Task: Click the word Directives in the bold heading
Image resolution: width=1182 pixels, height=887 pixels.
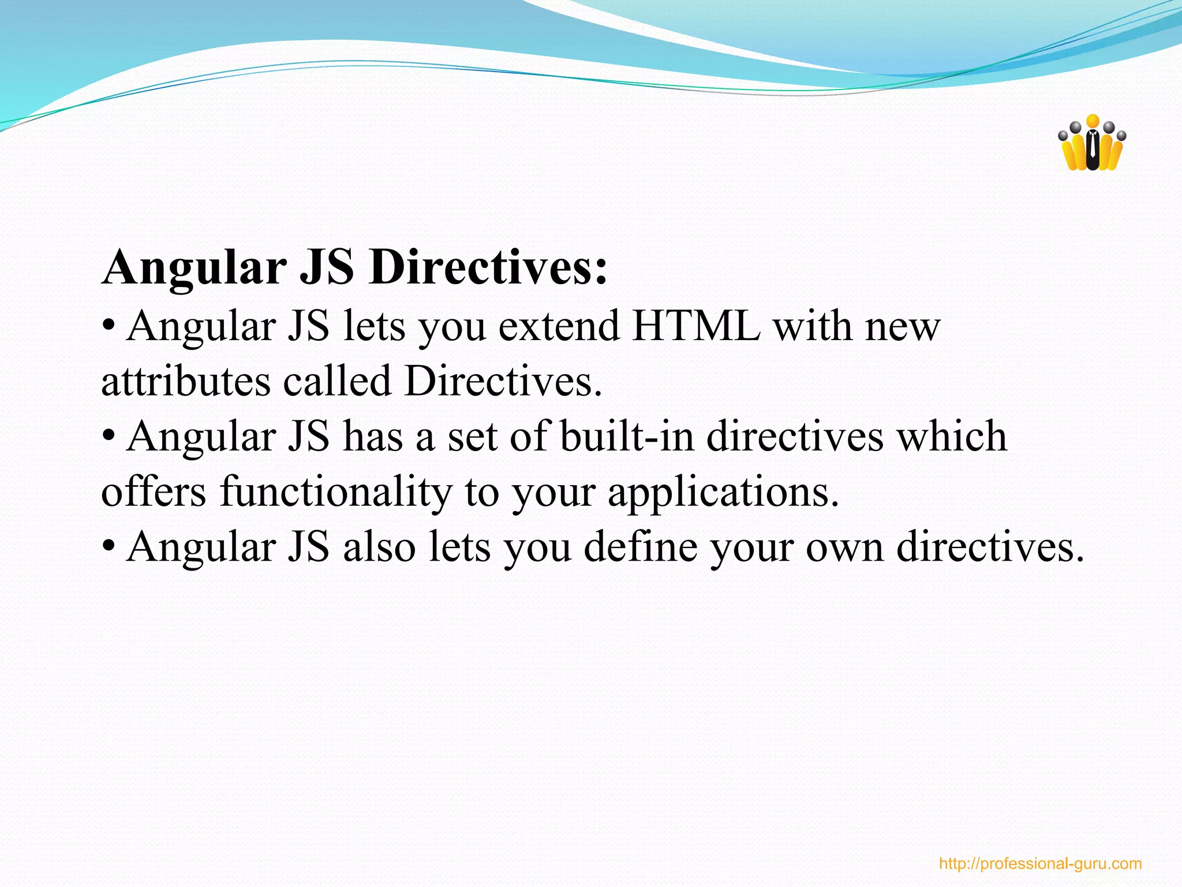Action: [488, 268]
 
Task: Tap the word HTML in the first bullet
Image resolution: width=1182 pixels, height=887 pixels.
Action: [695, 326]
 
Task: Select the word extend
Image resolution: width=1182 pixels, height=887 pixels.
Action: [559, 326]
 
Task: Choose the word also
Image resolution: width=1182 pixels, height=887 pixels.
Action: [379, 546]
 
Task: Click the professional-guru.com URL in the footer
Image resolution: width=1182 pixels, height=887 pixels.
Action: [1040, 864]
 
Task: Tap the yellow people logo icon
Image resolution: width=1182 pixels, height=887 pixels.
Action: [1091, 144]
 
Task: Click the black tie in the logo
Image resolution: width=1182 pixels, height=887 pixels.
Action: [1092, 149]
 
